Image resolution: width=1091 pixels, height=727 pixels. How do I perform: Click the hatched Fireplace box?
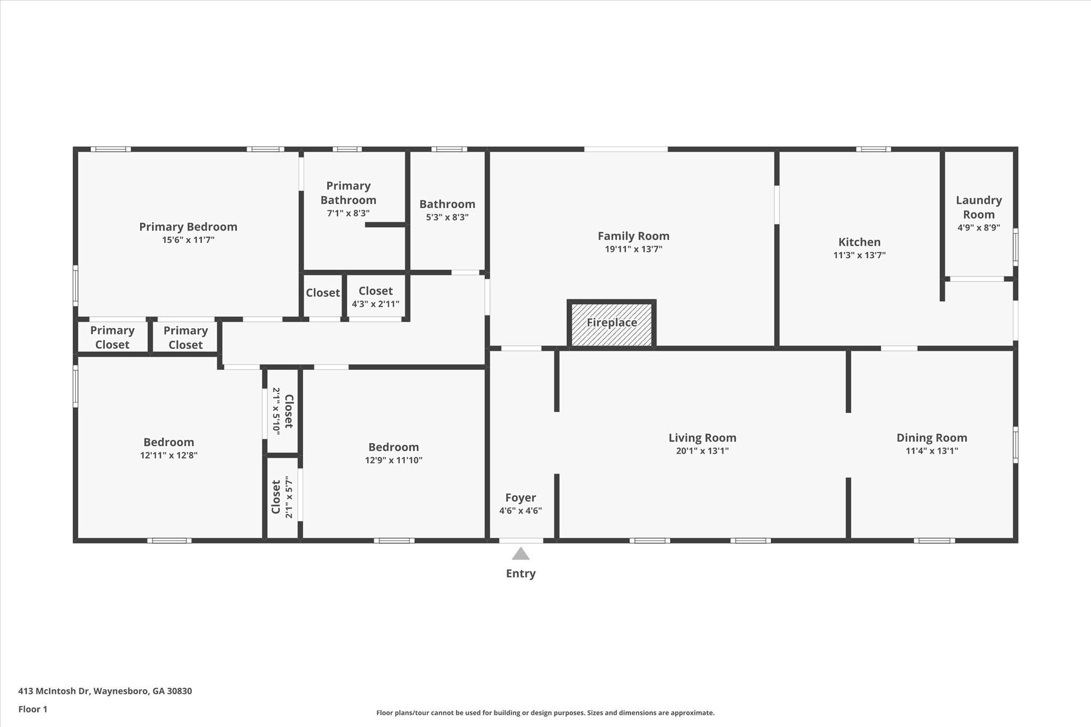click(612, 324)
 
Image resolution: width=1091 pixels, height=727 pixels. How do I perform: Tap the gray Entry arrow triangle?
click(520, 554)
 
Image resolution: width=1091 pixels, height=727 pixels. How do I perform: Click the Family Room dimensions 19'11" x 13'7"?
click(633, 249)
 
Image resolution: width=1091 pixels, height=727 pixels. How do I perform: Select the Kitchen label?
click(859, 242)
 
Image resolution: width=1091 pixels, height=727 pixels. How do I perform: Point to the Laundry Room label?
click(978, 207)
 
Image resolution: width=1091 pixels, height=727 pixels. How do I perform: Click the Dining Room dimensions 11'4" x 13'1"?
click(932, 451)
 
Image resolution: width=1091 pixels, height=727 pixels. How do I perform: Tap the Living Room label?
click(702, 438)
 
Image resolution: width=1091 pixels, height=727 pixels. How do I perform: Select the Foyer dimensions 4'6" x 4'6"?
click(520, 511)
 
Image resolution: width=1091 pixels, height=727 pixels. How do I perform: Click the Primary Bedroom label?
click(188, 227)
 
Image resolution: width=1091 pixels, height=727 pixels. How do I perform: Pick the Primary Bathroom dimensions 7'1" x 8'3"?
click(348, 213)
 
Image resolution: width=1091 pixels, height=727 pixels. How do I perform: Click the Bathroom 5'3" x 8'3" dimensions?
click(447, 217)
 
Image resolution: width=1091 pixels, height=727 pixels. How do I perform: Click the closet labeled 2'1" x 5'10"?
click(282, 411)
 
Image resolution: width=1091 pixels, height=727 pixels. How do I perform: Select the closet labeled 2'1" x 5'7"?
click(282, 497)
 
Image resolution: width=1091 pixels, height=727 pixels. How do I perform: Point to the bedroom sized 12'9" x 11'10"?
click(393, 453)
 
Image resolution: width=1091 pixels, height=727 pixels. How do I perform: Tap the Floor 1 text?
click(33, 709)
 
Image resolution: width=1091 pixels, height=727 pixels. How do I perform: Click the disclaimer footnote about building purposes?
click(545, 713)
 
